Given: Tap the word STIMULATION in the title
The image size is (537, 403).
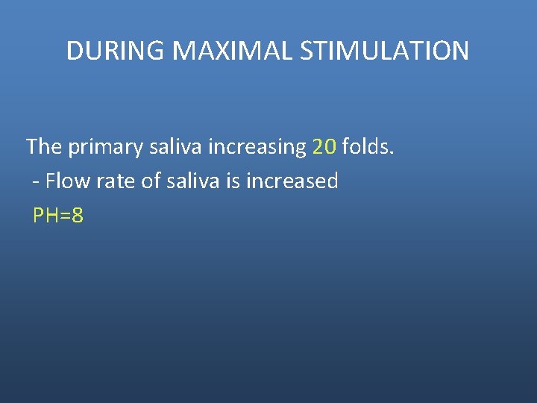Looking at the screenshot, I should point(384,51).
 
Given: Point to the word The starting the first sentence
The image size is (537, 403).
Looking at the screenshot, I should point(44,146).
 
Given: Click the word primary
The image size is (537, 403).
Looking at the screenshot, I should point(105,147).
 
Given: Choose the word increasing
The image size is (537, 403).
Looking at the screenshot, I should point(257,147).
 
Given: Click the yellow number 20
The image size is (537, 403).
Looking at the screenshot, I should point(324,146).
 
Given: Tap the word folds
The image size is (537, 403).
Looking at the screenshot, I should point(365,146).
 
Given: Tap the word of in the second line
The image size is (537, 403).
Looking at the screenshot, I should point(151,181).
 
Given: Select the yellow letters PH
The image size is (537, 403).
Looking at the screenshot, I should point(45,216).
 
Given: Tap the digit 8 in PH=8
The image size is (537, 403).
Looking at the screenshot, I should point(78,216).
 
